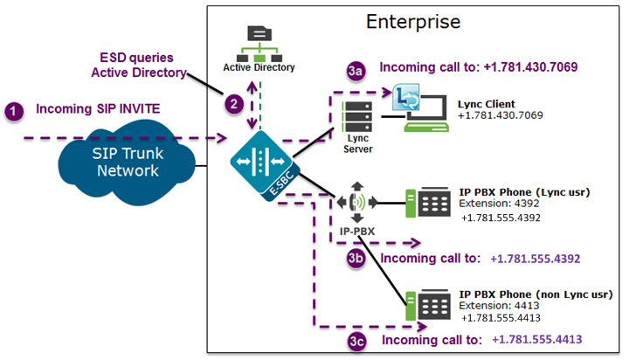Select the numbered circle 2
233,103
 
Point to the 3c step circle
356,340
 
